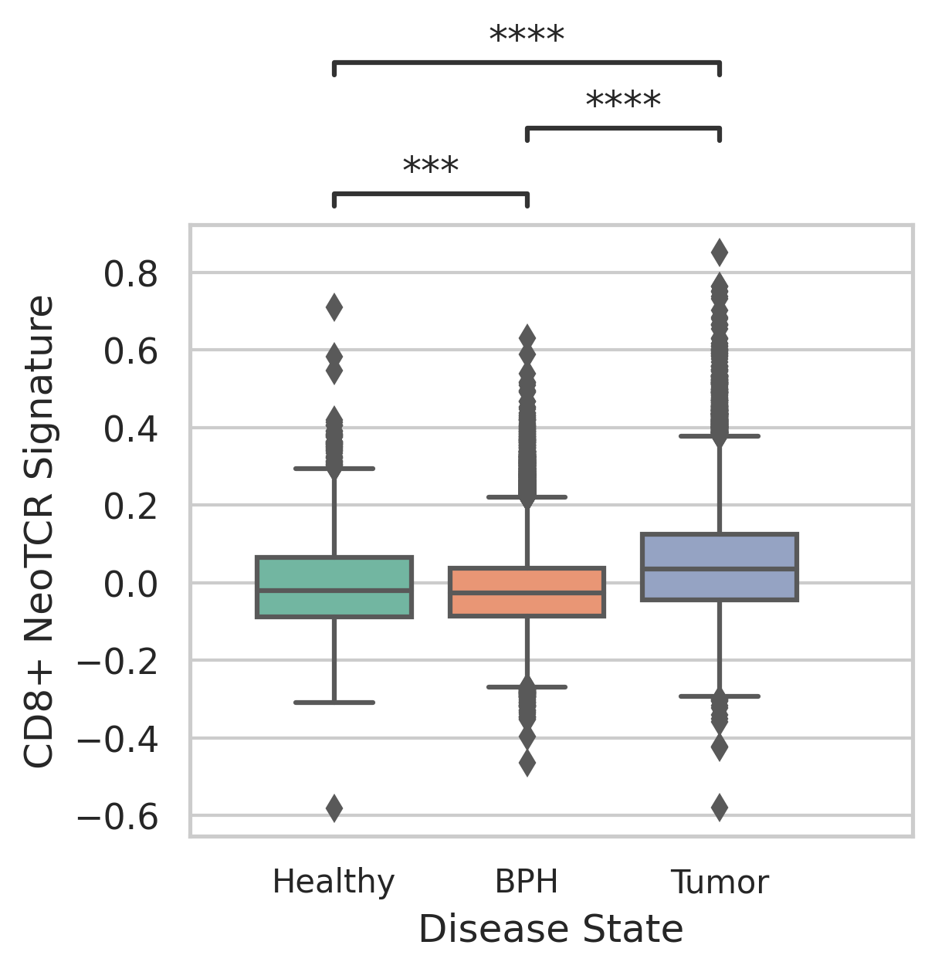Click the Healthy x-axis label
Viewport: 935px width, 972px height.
pyautogui.click(x=334, y=882)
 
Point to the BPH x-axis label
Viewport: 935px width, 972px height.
pyautogui.click(x=527, y=882)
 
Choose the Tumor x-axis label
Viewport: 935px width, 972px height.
pyautogui.click(x=720, y=882)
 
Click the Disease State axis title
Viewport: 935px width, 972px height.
pyautogui.click(x=550, y=930)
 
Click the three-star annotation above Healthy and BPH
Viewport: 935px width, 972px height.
pyautogui.click(x=431, y=167)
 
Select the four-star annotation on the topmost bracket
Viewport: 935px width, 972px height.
pyautogui.click(x=527, y=36)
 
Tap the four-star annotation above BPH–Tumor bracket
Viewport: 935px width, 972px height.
pyautogui.click(x=623, y=102)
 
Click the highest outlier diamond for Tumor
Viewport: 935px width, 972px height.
pyautogui.click(x=720, y=252)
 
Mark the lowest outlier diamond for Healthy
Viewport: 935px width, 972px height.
pyautogui.click(x=334, y=808)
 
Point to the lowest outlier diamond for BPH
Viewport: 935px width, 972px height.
pyautogui.click(x=527, y=764)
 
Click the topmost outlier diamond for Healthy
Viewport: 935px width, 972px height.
pyautogui.click(x=334, y=307)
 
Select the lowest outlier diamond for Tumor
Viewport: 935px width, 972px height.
pyautogui.click(x=720, y=808)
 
